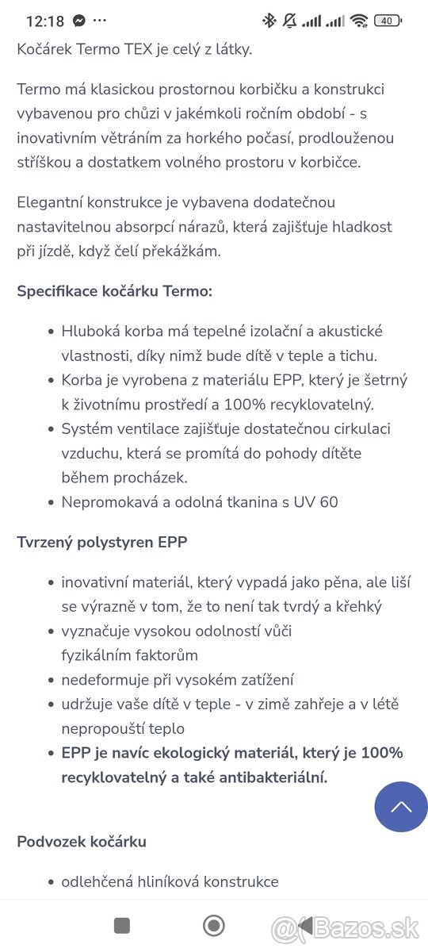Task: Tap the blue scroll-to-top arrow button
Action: (x=401, y=807)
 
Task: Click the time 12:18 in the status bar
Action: (x=44, y=21)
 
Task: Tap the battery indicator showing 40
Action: (x=388, y=21)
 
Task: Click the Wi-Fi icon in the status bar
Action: (x=359, y=21)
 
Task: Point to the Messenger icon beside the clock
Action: (x=79, y=21)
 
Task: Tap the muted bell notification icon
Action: (x=289, y=21)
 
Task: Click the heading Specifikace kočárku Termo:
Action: (x=115, y=291)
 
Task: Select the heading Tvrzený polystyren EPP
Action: (x=102, y=543)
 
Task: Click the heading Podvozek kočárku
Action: (x=82, y=842)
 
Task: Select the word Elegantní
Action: (x=51, y=202)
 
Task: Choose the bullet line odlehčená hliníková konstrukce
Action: (x=170, y=881)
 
